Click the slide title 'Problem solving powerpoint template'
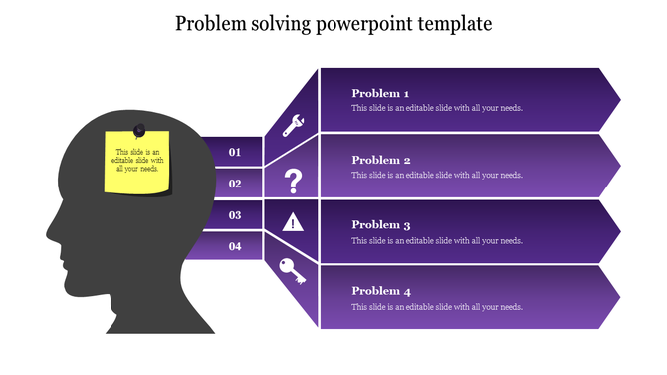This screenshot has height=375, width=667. click(333, 23)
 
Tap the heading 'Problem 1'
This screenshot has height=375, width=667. click(381, 94)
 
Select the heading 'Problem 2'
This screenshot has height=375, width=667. click(381, 160)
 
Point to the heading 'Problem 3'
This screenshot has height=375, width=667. click(381, 225)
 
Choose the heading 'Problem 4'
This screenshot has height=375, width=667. click(381, 291)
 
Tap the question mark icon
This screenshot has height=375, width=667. click(293, 182)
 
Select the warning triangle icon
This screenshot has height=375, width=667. click(293, 222)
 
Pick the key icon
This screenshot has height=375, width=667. click(293, 271)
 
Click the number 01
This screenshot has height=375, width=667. click(235, 152)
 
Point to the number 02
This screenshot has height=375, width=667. click(235, 184)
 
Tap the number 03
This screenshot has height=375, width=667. click(235, 214)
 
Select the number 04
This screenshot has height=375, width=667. click(235, 246)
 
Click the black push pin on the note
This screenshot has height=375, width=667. click(139, 130)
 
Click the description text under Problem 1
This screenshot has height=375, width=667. click(437, 109)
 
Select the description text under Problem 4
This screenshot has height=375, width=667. click(437, 307)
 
